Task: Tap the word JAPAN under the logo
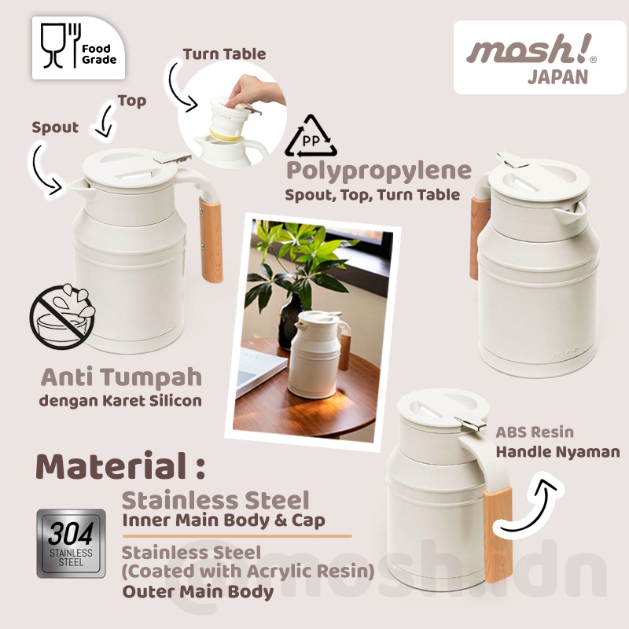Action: [x=558, y=77]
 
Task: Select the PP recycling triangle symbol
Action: [x=311, y=137]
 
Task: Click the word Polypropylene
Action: [x=379, y=171]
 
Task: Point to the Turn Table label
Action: [x=224, y=54]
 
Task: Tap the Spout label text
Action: [x=55, y=128]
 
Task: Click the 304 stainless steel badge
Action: [x=71, y=543]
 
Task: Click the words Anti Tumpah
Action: [x=121, y=377]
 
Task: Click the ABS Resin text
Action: [x=535, y=432]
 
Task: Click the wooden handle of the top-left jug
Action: [x=211, y=240]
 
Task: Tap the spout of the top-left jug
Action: [x=79, y=186]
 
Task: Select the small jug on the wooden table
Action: [x=319, y=355]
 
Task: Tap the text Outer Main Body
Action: [x=198, y=592]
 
